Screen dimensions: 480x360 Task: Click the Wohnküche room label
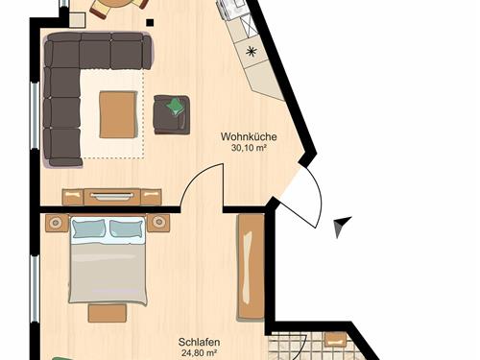point(249,136)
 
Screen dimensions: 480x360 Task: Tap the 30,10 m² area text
point(249,148)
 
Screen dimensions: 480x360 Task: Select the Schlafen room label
point(199,342)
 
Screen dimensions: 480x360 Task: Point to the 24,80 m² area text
point(199,353)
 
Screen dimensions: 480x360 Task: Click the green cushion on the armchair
point(176,107)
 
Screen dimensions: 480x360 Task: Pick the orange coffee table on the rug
point(118,114)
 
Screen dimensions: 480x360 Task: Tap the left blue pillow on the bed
point(88,228)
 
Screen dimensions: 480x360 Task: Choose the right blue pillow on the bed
point(127,228)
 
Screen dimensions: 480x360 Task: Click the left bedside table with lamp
point(58,223)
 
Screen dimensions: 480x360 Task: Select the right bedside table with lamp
point(158,222)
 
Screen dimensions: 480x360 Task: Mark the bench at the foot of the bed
point(108,313)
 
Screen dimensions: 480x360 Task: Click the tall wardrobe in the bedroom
point(251,268)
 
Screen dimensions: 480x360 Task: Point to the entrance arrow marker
point(342,226)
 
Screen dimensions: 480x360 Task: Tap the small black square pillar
point(150,22)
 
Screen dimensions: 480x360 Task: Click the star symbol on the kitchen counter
point(252,51)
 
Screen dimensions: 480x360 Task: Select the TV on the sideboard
point(112,196)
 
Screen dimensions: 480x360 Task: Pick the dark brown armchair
point(172,114)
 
